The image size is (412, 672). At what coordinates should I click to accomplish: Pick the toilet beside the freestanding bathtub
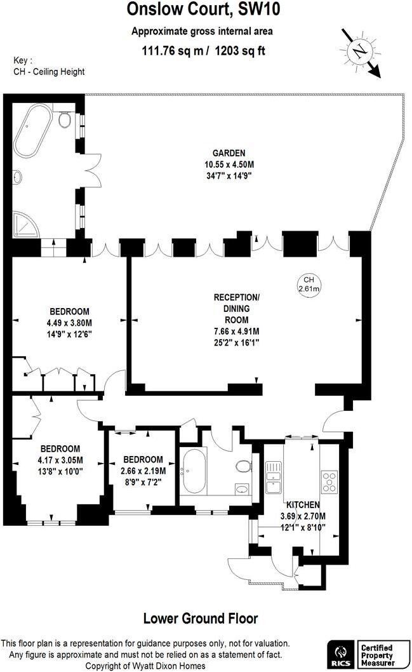point(64,120)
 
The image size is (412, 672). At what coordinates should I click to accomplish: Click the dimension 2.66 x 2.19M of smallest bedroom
point(143,471)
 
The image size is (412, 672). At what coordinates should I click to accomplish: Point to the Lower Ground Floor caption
point(201,618)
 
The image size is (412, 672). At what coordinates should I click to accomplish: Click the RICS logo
point(340,653)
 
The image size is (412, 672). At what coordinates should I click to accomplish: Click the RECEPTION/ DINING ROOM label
point(236,309)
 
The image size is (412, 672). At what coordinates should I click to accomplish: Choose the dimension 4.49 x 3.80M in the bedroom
point(69,322)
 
